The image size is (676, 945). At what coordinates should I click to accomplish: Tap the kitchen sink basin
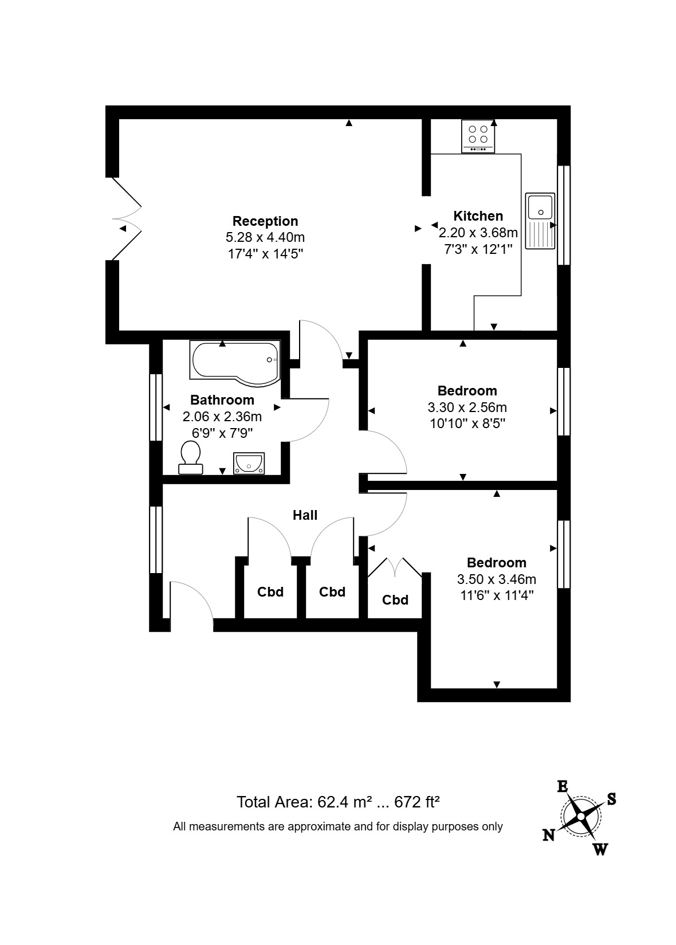point(540,206)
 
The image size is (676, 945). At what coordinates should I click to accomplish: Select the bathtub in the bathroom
point(235,361)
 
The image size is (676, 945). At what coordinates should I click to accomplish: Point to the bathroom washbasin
point(249,462)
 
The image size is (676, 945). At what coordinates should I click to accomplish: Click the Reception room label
point(265,221)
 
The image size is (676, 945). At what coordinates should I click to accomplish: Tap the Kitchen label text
point(478,216)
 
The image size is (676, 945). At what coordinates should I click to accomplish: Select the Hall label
point(305,515)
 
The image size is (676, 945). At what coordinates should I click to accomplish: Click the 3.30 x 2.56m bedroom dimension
point(467,407)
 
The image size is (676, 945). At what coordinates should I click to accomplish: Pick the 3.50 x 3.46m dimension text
point(496,579)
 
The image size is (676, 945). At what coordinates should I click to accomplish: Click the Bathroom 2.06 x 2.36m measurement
point(222,417)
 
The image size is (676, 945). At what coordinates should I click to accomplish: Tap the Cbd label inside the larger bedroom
point(395,600)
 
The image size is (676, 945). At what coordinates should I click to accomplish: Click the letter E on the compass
point(563,786)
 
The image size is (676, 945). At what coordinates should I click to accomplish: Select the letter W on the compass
point(600,849)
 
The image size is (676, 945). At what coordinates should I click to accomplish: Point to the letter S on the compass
point(611,799)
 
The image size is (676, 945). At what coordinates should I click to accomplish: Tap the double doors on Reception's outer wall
point(127,219)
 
